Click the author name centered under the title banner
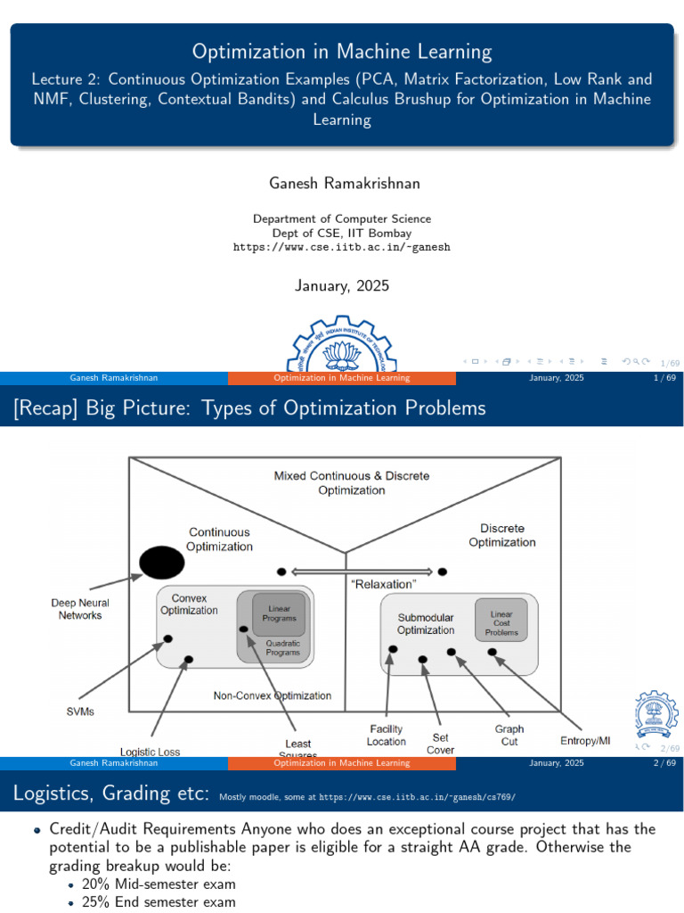[x=342, y=183]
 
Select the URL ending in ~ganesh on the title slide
[x=342, y=247]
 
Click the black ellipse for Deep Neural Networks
[x=161, y=562]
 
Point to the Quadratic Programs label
[x=282, y=647]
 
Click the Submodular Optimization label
[x=426, y=623]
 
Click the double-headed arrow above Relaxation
[x=362, y=571]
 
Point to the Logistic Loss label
[x=150, y=752]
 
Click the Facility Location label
[x=386, y=736]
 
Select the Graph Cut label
[x=509, y=735]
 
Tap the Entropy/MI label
[x=585, y=740]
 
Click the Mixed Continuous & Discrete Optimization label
[x=351, y=482]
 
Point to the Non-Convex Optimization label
[x=273, y=695]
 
